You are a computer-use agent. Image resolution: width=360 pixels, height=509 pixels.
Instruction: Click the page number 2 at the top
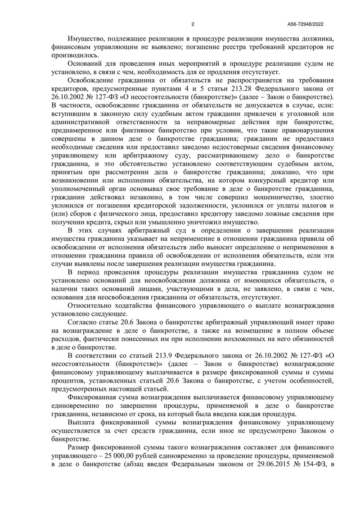pos(193,24)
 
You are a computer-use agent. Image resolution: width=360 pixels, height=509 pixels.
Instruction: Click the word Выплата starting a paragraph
pos(82,422)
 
